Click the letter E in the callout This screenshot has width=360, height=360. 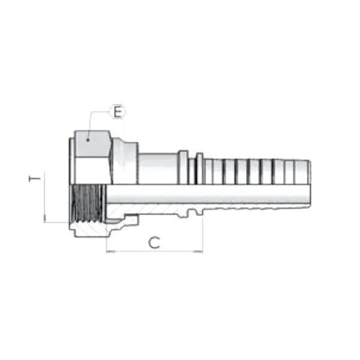tap(118, 112)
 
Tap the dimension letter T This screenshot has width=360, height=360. tap(37, 179)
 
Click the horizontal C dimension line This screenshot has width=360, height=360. tap(154, 251)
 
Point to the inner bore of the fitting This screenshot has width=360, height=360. tap(210, 193)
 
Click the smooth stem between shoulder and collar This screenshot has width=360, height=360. tap(159, 169)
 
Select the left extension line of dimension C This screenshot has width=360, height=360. tap(106, 240)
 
